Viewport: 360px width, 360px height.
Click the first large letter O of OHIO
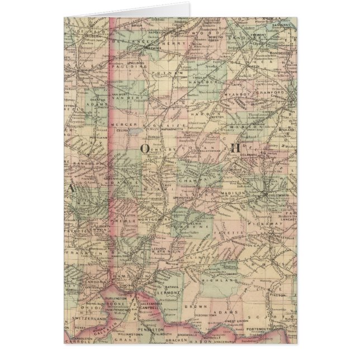coord(144,148)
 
